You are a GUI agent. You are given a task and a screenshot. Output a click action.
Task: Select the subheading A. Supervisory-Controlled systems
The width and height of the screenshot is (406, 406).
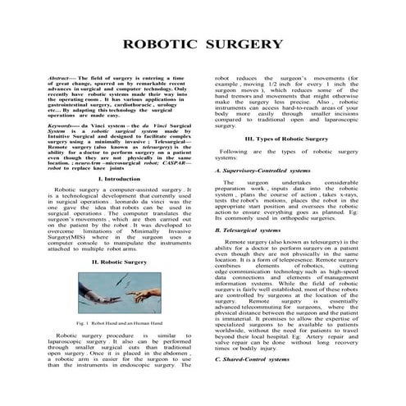pos(260,170)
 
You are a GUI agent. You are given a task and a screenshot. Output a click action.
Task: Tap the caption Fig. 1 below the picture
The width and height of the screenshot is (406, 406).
pos(107,325)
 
